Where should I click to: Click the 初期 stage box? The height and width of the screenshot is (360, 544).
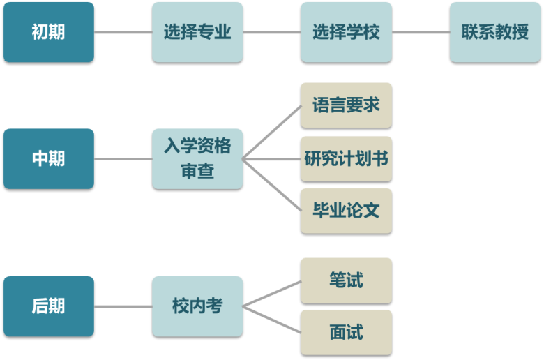(49, 32)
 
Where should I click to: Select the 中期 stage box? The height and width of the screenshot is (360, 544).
(49, 158)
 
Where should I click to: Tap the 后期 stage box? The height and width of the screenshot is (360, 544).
(49, 306)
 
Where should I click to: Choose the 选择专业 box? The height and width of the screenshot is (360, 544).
(197, 32)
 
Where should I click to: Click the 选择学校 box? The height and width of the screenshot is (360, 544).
(346, 32)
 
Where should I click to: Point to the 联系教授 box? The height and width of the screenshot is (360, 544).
(495, 32)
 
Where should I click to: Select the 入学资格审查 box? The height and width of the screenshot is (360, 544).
(197, 158)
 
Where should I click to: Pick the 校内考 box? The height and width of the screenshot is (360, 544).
(197, 306)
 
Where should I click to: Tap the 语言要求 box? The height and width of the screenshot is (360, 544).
(346, 105)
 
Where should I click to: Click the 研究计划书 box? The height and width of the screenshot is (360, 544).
(346, 158)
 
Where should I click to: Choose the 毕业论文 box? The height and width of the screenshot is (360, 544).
(346, 211)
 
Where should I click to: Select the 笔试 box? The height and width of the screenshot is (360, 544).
(346, 280)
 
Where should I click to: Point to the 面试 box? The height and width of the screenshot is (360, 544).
(346, 332)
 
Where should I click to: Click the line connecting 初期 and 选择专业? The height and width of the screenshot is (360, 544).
(123, 32)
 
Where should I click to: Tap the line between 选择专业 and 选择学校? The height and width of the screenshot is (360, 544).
(271, 32)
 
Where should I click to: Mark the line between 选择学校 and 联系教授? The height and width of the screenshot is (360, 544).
(421, 32)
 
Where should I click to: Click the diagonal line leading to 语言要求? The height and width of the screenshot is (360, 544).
(272, 133)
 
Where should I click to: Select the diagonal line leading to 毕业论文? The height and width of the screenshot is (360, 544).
(272, 184)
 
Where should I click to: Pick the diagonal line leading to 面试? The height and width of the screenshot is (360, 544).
(272, 320)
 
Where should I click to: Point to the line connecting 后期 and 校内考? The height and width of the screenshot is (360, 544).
(123, 306)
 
